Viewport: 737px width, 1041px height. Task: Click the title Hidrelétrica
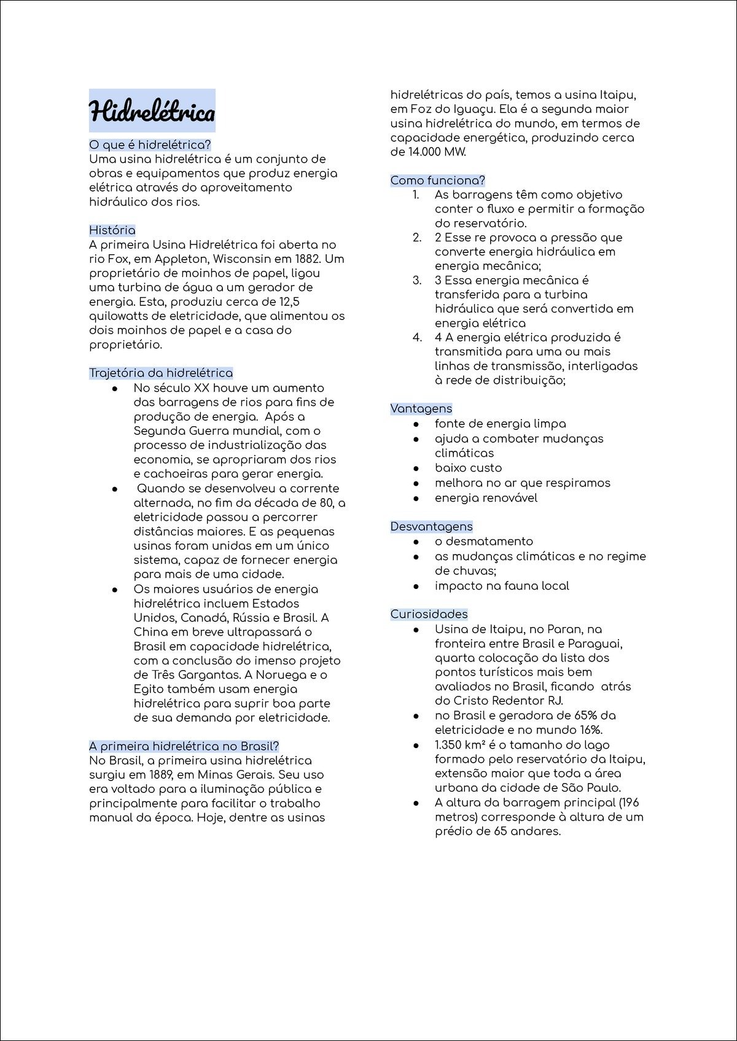[152, 112]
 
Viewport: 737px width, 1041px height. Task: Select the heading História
[112, 230]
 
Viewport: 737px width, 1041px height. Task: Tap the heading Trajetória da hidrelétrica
[161, 373]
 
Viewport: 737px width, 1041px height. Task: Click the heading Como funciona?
[437, 181]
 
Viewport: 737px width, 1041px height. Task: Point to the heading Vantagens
[421, 409]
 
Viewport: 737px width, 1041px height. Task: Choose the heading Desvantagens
[431, 526]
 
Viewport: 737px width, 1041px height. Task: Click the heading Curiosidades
[429, 614]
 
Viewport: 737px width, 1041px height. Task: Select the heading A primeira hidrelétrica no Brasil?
[184, 746]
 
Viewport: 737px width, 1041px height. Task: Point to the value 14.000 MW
[437, 152]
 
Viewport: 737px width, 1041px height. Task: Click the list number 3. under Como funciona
[417, 281]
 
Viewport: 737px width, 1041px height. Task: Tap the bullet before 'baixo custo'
[416, 469]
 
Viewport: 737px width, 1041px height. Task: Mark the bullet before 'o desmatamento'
[416, 542]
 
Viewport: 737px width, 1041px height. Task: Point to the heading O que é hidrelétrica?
[150, 145]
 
